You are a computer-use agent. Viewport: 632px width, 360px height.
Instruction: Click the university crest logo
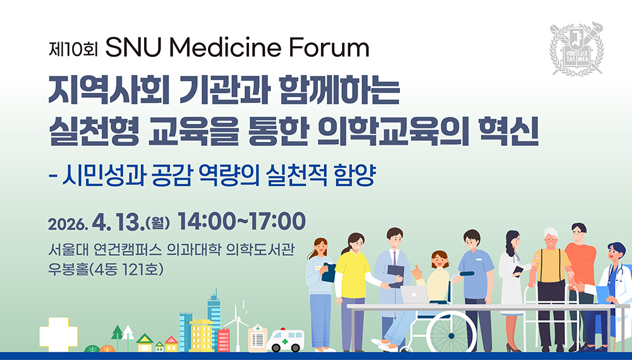[577, 49]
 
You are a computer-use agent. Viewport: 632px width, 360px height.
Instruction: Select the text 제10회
[73, 49]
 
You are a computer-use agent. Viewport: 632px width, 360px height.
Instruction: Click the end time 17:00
[277, 222]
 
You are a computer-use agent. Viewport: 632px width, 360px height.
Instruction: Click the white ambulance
[286, 340]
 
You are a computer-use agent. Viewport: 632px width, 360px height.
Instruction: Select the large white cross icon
[58, 334]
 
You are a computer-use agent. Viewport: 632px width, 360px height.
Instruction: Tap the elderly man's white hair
[550, 233]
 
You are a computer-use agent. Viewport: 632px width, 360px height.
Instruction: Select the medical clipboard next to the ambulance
[258, 339]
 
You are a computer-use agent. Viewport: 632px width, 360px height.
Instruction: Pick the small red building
[223, 340]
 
